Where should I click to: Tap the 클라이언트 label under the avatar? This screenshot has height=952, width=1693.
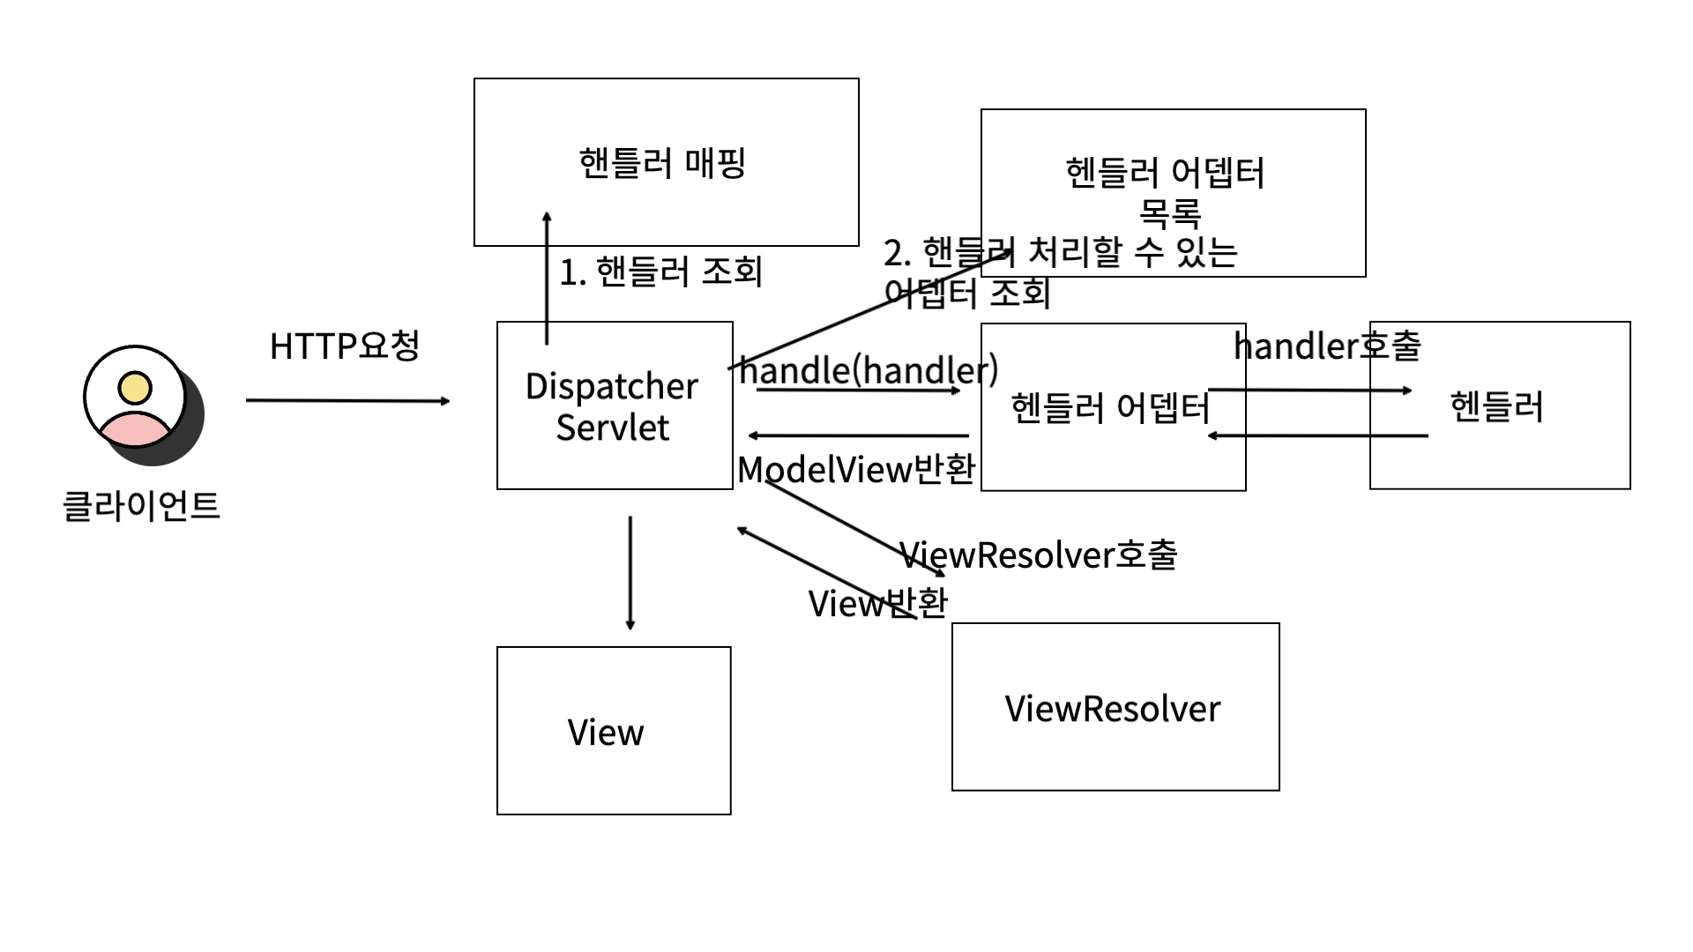click(x=141, y=506)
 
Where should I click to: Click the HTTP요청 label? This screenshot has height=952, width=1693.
click(x=344, y=346)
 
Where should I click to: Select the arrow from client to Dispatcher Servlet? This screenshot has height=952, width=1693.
click(x=347, y=401)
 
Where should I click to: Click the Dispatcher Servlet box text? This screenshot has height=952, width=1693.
click(x=612, y=406)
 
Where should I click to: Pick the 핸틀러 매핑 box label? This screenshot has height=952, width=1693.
click(x=663, y=163)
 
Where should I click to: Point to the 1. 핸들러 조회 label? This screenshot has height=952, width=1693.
click(x=661, y=271)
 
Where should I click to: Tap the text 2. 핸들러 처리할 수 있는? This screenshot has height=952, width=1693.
click(x=1061, y=253)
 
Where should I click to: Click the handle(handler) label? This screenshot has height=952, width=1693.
click(x=868, y=369)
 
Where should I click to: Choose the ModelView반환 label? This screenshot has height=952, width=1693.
click(x=855, y=469)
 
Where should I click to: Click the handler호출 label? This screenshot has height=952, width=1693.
click(x=1327, y=346)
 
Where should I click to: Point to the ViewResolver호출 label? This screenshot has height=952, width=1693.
click(x=1039, y=554)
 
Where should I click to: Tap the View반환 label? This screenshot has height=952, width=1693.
click(x=878, y=604)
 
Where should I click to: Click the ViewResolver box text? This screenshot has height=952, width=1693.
click(x=1113, y=709)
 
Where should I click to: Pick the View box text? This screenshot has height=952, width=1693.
click(x=606, y=733)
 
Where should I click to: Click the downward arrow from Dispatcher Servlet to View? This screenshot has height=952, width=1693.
click(x=630, y=573)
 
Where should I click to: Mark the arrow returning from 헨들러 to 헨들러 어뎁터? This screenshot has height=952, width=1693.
click(x=1318, y=435)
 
